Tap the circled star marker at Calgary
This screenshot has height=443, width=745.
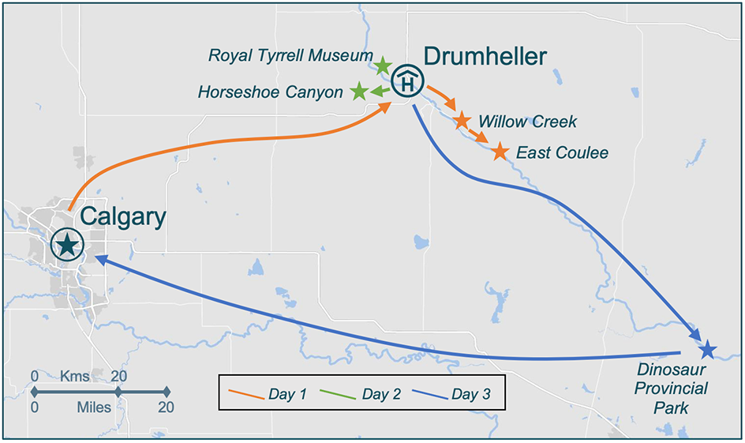67,245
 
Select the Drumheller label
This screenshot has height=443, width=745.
485,56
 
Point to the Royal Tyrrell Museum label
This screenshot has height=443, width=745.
290,56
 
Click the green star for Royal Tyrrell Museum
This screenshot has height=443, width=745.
383,65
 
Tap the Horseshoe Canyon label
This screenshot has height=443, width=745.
270,92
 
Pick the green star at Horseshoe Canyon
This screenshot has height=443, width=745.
359,92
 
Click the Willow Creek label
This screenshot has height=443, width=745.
527,122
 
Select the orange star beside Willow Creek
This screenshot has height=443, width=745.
462,120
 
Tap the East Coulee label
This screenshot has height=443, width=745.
562,152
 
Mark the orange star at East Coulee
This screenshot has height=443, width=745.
500,151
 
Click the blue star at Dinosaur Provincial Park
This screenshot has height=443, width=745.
707,348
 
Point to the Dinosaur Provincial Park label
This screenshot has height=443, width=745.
673,388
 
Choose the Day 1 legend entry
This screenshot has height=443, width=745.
268,392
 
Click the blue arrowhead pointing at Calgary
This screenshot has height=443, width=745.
99,258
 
